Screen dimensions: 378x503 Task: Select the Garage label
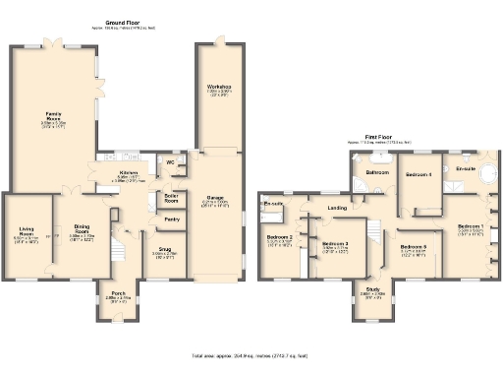click(216, 197)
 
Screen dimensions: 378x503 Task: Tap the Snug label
click(164, 251)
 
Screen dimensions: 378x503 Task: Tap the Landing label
click(337, 208)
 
